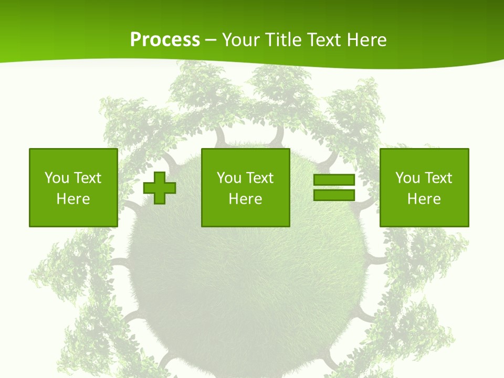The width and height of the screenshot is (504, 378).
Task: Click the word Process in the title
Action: [165, 40]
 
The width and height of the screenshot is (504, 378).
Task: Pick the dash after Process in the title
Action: [211, 40]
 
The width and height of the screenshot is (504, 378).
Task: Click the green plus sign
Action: [160, 188]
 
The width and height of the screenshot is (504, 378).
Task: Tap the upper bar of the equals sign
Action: [334, 180]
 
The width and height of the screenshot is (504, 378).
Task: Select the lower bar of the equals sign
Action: [334, 195]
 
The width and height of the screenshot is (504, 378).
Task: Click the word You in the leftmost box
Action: [57, 178]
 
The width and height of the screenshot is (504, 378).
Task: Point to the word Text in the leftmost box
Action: [87, 178]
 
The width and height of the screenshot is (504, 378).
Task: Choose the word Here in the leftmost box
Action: [73, 199]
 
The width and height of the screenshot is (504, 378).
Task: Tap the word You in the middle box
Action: [229, 178]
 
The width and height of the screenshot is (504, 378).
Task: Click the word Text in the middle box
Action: [259, 178]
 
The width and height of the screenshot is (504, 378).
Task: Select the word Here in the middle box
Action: [245, 199]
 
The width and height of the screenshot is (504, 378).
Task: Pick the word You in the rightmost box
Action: [407, 178]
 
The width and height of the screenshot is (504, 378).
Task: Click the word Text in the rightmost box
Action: [438, 178]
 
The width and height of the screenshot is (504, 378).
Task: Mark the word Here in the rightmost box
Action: [424, 199]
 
